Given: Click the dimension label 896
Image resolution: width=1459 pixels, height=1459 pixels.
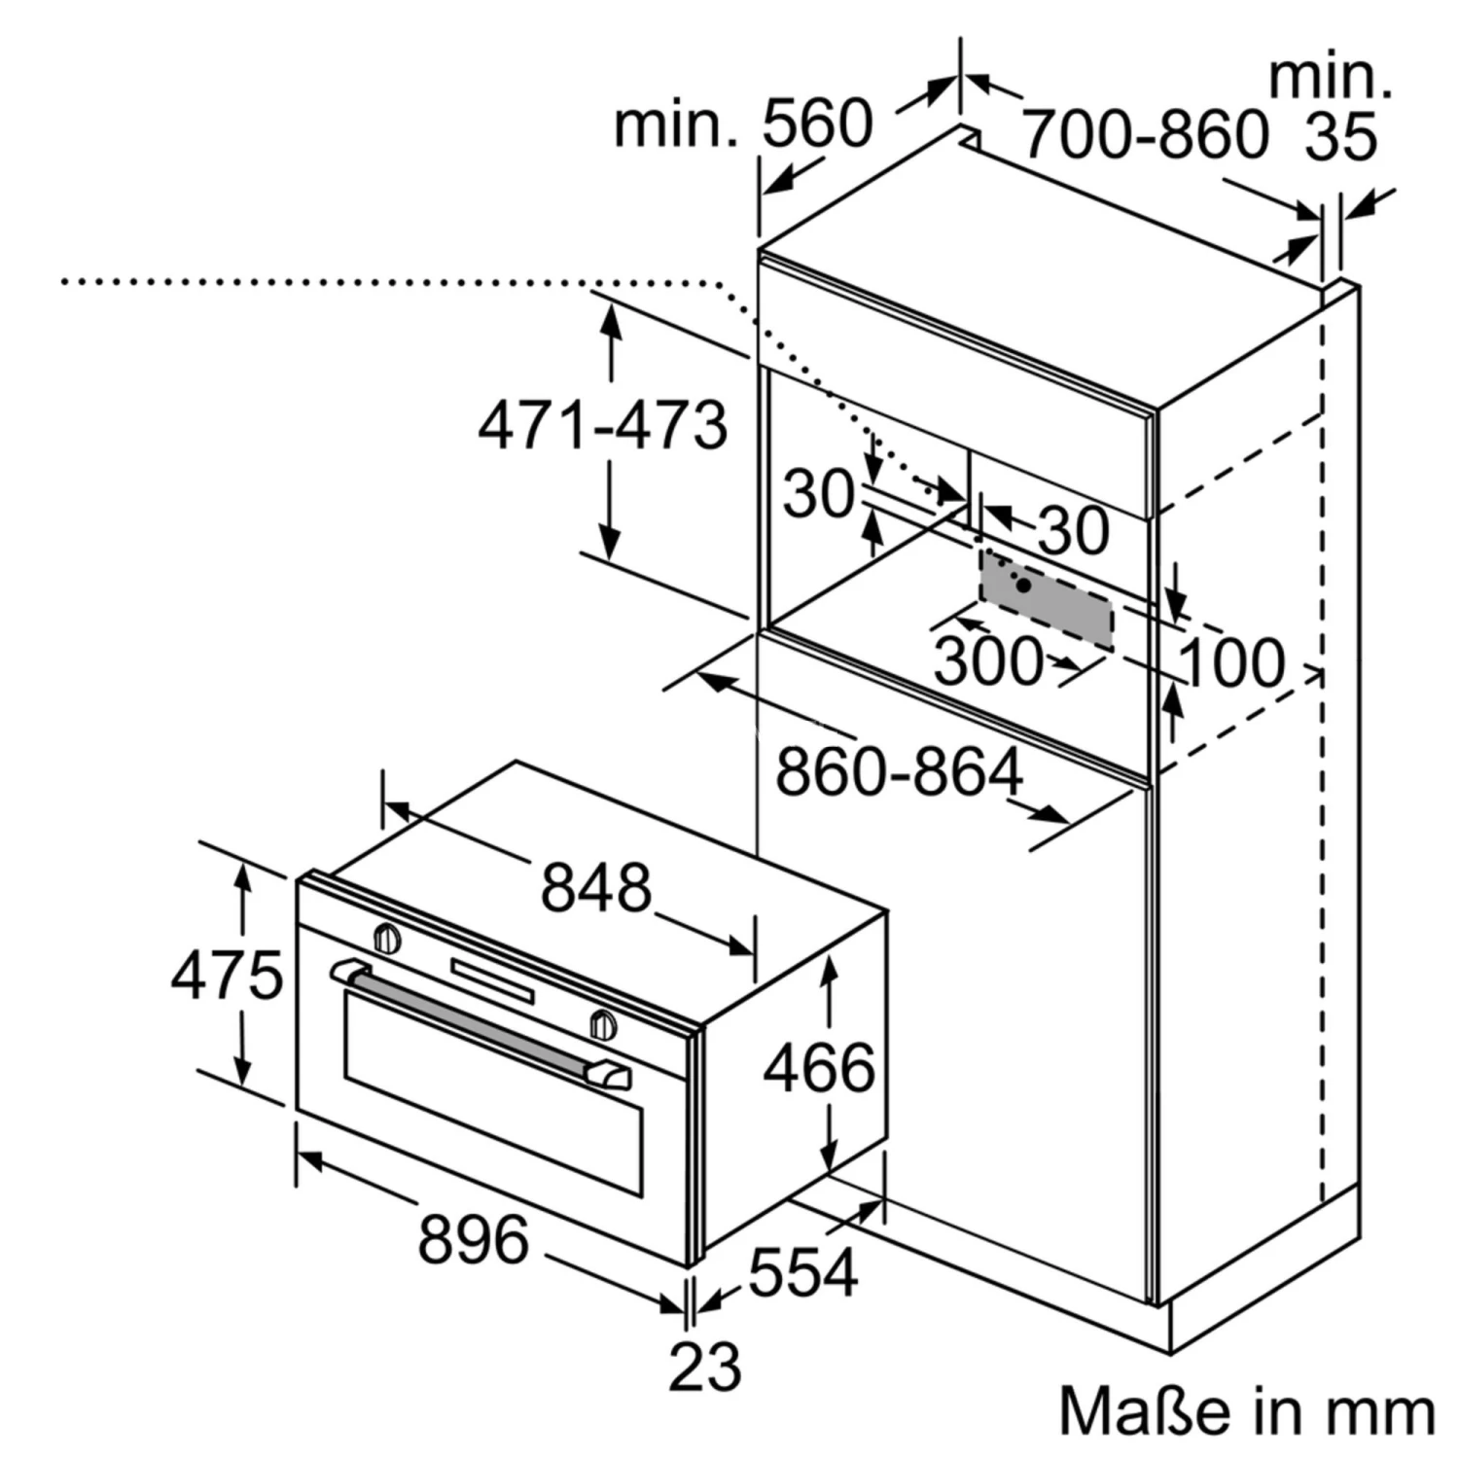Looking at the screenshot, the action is coord(474,1239).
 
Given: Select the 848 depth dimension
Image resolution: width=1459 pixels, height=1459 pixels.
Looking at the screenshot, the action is coord(595,887).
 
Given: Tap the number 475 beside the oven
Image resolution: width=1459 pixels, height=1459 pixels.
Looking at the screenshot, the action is coord(227,975).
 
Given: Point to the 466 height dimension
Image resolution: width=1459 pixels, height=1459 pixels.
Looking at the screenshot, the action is coord(819,1067).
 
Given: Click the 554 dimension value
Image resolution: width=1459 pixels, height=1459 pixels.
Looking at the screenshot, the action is coord(803,1270).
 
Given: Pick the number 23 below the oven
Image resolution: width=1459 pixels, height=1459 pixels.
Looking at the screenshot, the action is coord(705,1365).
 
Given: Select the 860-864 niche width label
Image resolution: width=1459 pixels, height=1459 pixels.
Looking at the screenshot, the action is coord(899,772).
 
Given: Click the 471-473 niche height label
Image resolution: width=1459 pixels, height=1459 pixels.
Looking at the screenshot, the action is coord(603,424).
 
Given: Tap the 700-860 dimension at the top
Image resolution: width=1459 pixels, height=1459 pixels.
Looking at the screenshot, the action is coord(1146,133).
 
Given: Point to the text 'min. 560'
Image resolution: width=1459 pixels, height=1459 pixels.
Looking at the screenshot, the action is coord(743,124).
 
